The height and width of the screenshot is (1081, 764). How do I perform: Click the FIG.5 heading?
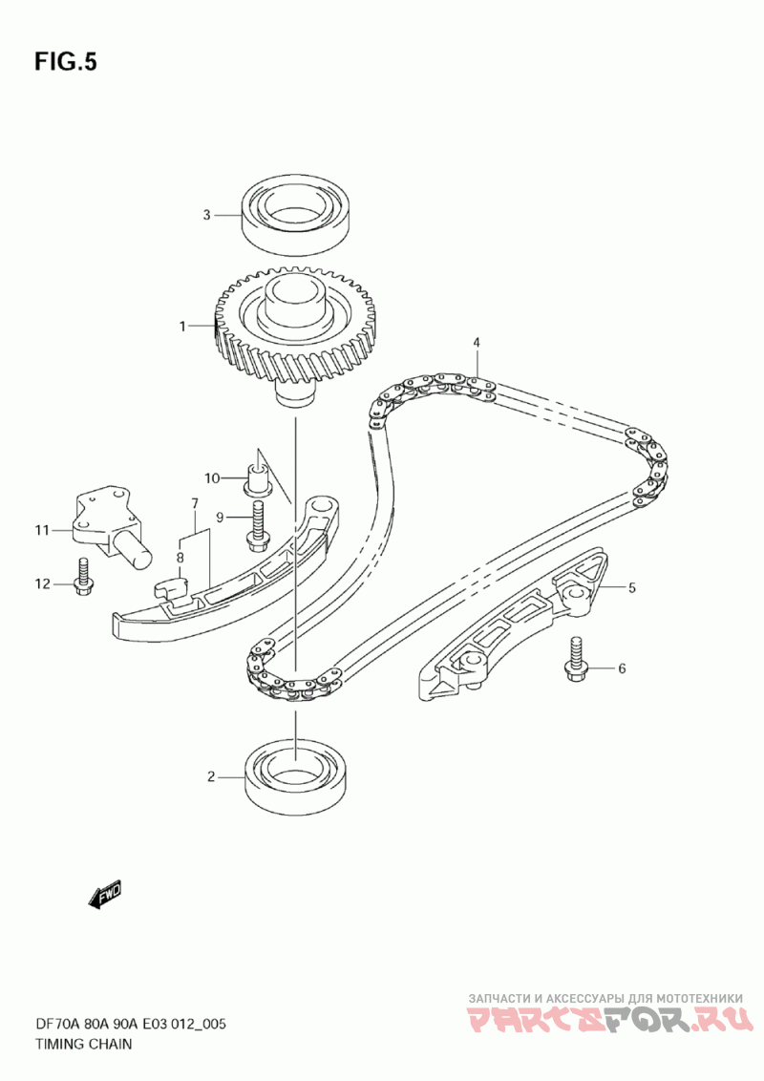click(66, 62)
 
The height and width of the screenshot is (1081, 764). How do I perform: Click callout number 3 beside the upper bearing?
click(205, 215)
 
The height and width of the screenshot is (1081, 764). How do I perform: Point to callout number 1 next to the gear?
click(181, 327)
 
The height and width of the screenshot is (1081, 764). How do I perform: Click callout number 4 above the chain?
click(476, 342)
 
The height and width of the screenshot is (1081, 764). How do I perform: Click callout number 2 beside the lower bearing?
click(211, 777)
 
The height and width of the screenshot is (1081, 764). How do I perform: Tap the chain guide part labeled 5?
click(516, 629)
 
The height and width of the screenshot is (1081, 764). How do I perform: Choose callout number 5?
click(631, 588)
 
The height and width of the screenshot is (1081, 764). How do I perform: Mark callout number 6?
click(622, 668)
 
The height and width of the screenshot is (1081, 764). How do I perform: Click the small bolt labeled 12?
click(82, 576)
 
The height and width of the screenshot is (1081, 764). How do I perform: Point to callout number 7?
click(194, 503)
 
